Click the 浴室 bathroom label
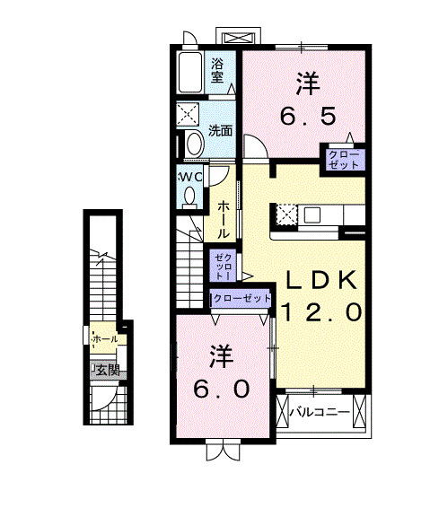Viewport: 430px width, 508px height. (216, 70)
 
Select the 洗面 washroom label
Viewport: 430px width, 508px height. (221, 131)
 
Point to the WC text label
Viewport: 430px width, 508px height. (189, 176)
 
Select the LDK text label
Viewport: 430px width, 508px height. (322, 279)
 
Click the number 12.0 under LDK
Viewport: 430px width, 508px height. (322, 312)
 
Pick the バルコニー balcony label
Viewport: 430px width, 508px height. (318, 414)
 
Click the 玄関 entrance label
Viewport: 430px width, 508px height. (107, 369)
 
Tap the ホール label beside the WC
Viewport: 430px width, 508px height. (224, 219)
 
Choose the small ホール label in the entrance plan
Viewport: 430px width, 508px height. (104, 339)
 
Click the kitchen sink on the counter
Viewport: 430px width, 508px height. (314, 215)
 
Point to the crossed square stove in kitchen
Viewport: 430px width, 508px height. (288, 215)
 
